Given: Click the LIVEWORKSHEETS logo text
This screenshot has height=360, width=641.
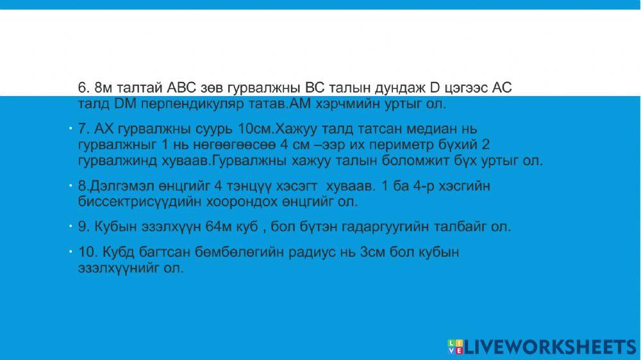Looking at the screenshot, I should (549, 347).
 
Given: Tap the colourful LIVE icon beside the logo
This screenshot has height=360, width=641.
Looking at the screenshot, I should (454, 347).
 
